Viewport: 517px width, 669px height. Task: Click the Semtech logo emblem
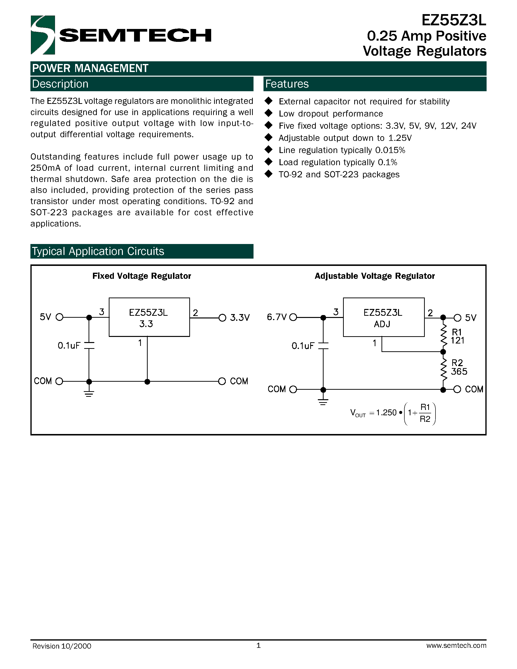43,35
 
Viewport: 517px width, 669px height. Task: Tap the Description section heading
60,84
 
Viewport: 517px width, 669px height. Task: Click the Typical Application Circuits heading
98,251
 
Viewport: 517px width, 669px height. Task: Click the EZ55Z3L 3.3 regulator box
149,317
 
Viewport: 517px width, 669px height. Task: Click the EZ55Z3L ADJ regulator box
383,317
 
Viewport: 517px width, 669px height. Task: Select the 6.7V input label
276,317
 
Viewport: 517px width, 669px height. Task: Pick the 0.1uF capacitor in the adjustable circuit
323,346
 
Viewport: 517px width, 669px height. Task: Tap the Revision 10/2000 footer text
62,646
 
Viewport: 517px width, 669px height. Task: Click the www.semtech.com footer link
456,645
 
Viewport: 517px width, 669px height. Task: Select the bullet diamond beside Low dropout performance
269,113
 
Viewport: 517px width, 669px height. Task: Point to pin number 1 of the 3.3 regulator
140,343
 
